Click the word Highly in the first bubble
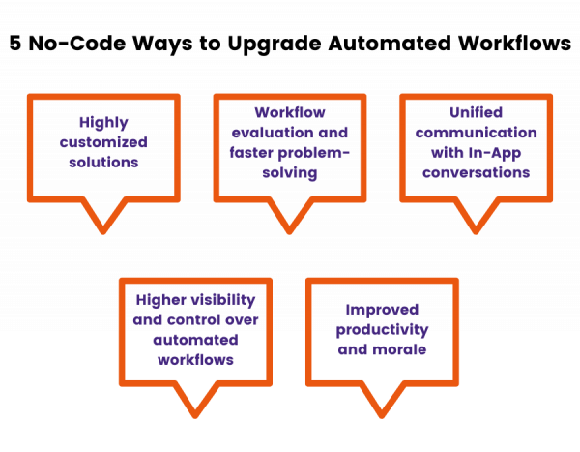point(103,123)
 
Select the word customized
point(103,143)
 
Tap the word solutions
point(103,163)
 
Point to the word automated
point(195,340)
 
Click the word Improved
point(382,310)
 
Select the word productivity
point(382,330)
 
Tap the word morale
point(405,349)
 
